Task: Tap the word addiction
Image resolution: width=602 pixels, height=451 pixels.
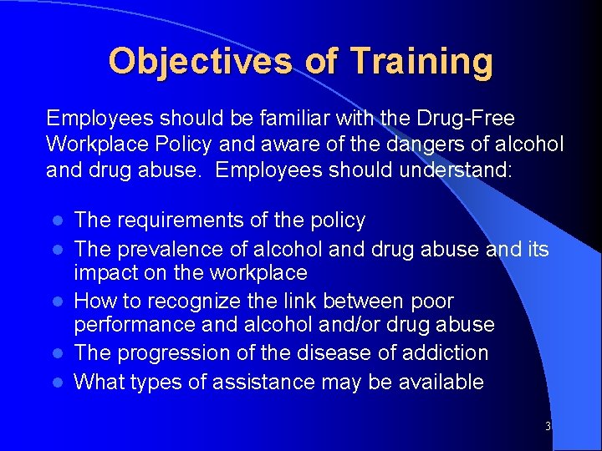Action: pos(446,352)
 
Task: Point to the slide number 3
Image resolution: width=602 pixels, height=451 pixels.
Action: pos(548,427)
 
